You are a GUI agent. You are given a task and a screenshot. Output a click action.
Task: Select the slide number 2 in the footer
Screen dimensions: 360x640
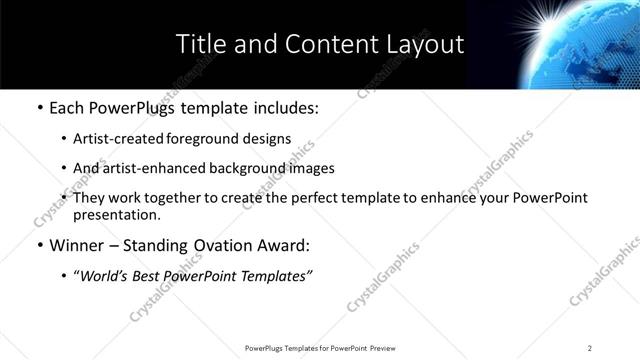coord(590,348)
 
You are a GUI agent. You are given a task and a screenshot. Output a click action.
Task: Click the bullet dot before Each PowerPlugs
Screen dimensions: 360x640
coord(38,107)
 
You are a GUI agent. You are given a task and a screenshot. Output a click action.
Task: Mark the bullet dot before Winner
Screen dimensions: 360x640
coord(38,245)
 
